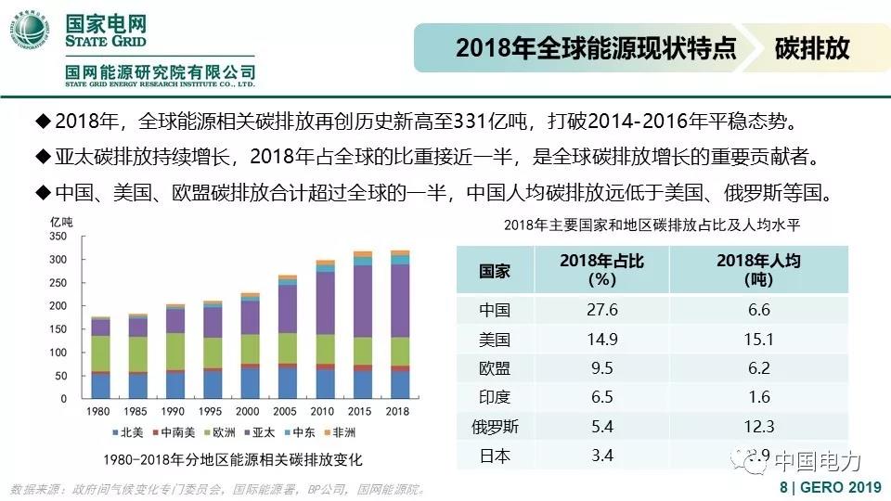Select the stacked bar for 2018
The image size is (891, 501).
(399, 325)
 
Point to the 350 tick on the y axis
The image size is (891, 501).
(58, 236)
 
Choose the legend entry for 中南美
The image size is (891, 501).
(177, 432)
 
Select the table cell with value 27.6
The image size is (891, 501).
(601, 310)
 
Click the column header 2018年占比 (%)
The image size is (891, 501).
(601, 270)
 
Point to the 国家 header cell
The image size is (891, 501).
(495, 270)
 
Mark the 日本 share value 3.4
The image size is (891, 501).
(601, 455)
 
